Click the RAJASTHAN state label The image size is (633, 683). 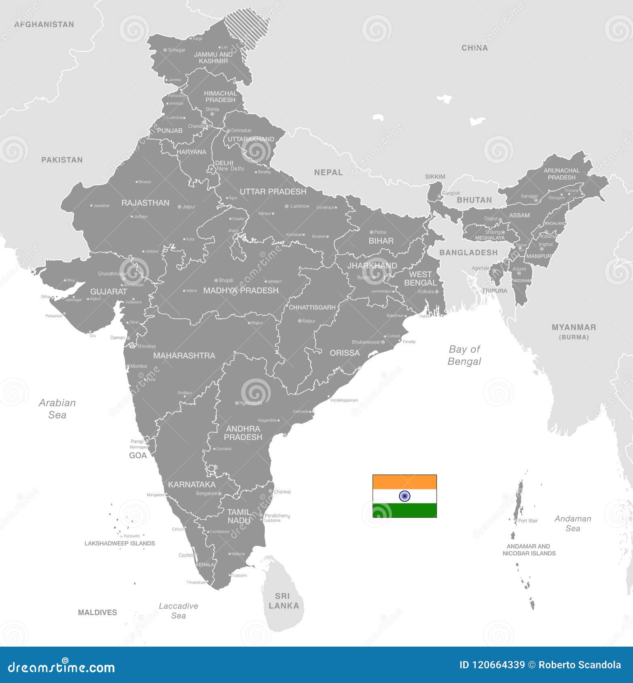coord(145,203)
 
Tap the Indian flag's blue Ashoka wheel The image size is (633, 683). coord(404,496)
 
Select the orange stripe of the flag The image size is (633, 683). coord(404,482)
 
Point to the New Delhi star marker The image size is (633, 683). coord(211,169)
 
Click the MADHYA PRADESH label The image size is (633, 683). coord(241,291)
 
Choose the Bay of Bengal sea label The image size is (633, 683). coord(464,355)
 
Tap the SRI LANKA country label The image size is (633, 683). coord(284,601)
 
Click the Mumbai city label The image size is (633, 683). coord(139,366)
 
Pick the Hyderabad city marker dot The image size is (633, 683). coord(237,403)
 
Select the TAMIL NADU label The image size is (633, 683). coord(239,516)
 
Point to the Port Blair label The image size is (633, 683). coord(528,521)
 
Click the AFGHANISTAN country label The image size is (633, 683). coord(44,25)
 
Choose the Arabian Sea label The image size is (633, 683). coord(57,409)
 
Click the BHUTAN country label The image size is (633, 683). coord(474,200)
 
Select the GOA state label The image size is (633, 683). coord(138,455)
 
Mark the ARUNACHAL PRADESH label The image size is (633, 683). coord(561,174)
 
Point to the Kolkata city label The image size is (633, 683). coord(426,291)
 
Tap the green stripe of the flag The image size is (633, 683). coord(404,510)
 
